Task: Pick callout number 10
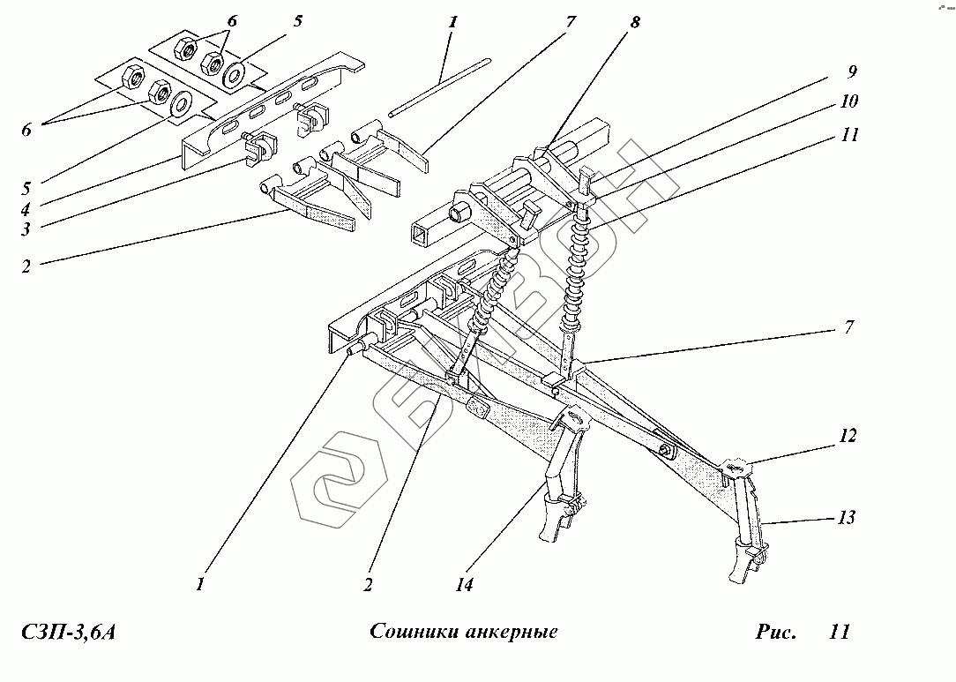[x=850, y=102]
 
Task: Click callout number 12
[x=848, y=437]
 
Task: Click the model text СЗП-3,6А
[x=67, y=633]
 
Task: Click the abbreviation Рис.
[x=775, y=633]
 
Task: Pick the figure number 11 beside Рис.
[x=839, y=633]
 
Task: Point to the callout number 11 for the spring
[x=850, y=136]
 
